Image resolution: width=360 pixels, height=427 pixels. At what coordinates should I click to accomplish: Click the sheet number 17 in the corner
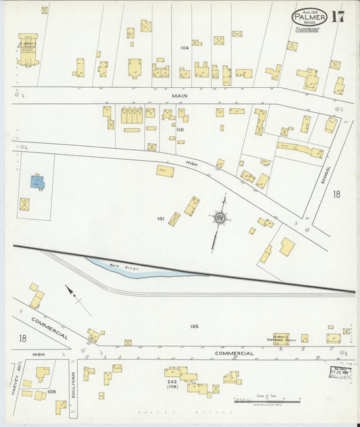pyautogui.click(x=337, y=17)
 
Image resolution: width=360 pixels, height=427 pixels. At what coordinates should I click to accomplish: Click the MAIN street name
pyautogui.click(x=179, y=95)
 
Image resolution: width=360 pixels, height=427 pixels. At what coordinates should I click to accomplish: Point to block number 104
pyautogui.click(x=184, y=48)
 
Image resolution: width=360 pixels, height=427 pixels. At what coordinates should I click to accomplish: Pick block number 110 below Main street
pyautogui.click(x=180, y=129)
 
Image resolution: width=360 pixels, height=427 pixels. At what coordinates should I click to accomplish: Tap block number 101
pyautogui.click(x=161, y=218)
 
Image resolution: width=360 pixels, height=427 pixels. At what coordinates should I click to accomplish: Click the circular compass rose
pyautogui.click(x=219, y=218)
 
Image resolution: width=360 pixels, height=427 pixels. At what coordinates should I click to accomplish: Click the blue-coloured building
pyautogui.click(x=37, y=182)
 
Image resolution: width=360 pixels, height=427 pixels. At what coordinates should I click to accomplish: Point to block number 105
pyautogui.click(x=194, y=326)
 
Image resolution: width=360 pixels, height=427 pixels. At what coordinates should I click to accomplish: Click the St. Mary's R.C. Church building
pyautogui.click(x=28, y=51)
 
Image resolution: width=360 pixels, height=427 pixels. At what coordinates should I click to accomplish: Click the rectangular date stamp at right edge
pyautogui.click(x=338, y=371)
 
